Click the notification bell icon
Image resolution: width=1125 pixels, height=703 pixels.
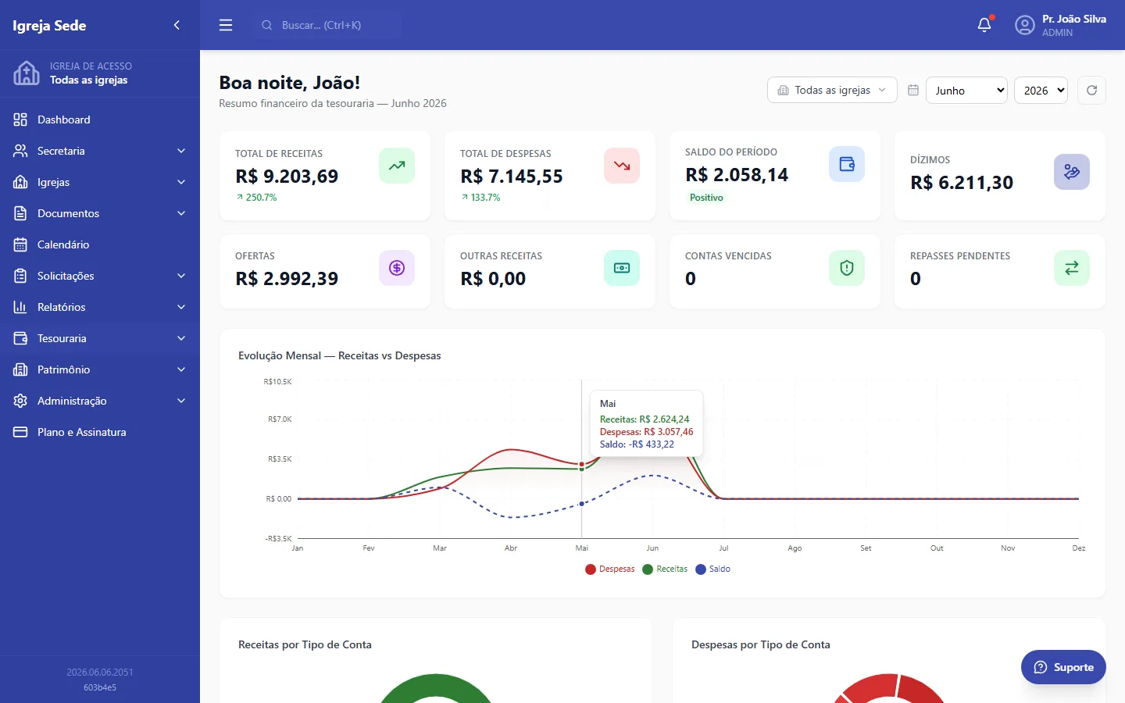coord(984,25)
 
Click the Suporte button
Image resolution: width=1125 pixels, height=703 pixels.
coord(1063,667)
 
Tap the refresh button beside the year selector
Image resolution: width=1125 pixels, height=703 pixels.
coord(1091,91)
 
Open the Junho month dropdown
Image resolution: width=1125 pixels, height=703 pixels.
coord(966,91)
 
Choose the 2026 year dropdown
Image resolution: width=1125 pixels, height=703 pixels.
coord(1041,91)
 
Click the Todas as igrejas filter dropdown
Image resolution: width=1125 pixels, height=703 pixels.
coord(832,91)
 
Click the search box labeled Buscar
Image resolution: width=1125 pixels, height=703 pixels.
coord(327,25)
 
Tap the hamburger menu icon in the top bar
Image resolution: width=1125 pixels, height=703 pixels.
coord(226,25)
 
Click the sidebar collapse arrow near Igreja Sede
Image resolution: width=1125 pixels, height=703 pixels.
coord(177,25)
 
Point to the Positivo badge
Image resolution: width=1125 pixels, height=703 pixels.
coord(706,198)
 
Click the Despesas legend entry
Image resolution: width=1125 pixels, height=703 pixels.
coord(609,569)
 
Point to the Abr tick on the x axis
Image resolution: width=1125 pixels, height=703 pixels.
coord(511,548)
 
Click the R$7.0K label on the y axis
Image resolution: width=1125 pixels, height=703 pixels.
coord(280,419)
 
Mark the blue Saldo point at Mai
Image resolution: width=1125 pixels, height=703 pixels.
coord(581,504)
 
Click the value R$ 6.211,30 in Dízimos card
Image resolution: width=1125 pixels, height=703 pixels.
coord(962,182)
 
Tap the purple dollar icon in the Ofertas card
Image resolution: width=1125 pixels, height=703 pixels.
coord(397,268)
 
